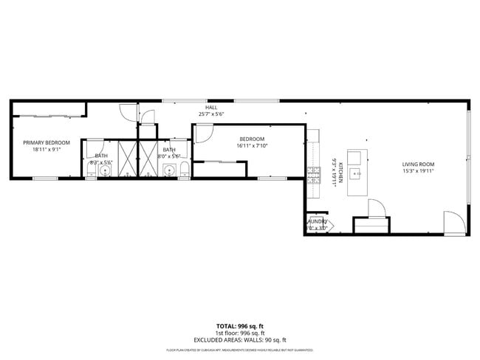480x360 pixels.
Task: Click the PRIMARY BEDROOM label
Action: (46, 142)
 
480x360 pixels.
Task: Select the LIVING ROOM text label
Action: (418, 164)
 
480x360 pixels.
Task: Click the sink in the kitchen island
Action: (356, 174)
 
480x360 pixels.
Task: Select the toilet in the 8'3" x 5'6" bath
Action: (90, 172)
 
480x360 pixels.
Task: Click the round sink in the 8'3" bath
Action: (106, 171)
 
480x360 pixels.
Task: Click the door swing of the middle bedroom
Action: (203, 134)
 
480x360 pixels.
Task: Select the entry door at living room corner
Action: (454, 222)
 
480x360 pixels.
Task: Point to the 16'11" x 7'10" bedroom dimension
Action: (251, 146)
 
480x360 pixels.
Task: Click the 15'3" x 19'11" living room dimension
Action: (418, 171)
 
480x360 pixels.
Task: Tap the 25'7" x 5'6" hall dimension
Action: (211, 114)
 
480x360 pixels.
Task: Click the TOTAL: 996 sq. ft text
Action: (239, 325)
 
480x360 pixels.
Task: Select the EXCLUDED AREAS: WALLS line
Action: (239, 339)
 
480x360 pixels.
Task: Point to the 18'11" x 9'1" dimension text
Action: (46, 150)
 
